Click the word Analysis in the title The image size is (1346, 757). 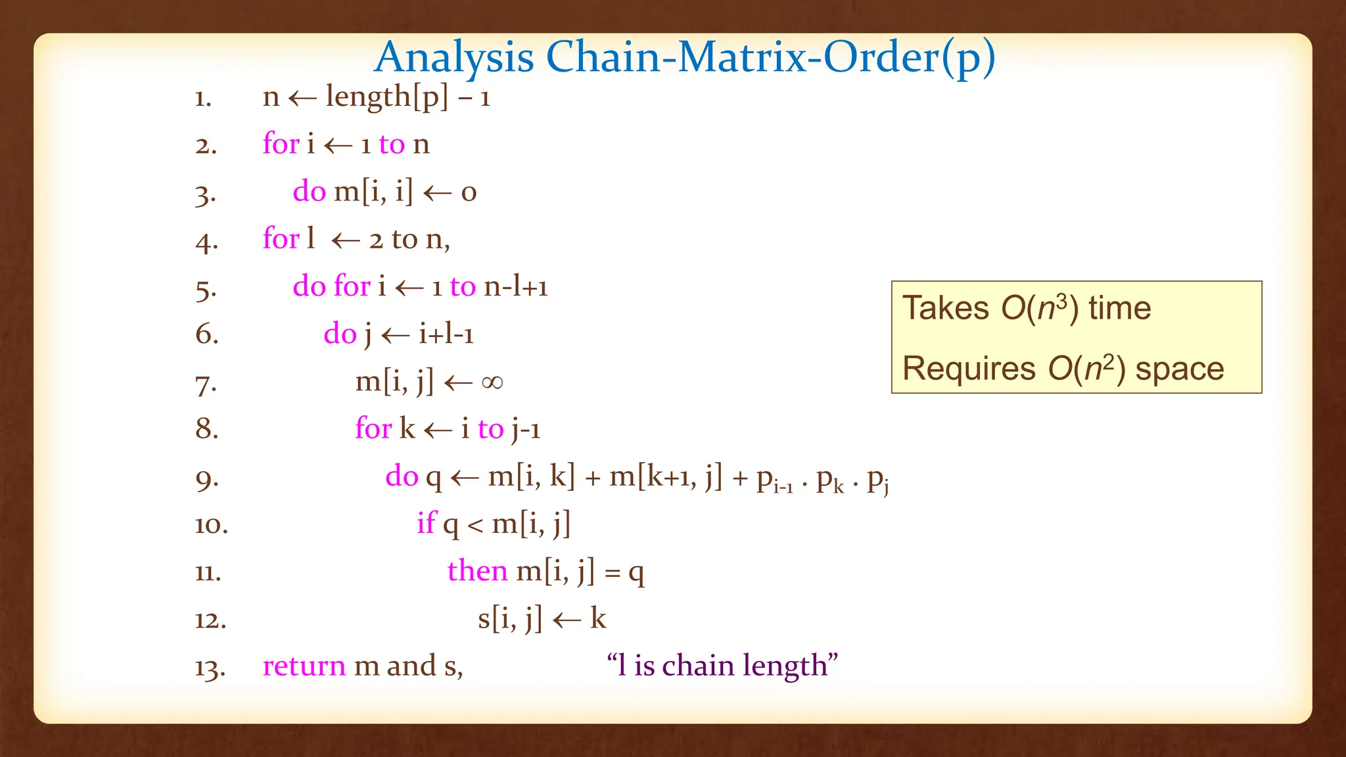pos(453,57)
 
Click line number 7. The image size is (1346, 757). pos(206,384)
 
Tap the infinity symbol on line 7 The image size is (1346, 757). pos(492,382)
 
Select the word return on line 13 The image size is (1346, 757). pos(304,666)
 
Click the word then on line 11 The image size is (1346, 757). pos(477,570)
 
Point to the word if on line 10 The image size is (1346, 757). pos(426,524)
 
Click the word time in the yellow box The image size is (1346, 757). pos(1119,308)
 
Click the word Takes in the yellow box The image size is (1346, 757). pos(945,308)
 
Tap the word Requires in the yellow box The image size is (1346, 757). pos(968,369)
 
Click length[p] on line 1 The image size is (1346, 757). pos(387,97)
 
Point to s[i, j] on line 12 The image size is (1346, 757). pos(509,619)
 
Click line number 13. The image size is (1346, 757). pos(210,668)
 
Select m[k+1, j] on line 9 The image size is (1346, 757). pos(665,476)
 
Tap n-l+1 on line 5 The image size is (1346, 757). pos(515,287)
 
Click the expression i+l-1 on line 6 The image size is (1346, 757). pos(446,334)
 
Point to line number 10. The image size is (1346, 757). pos(211,525)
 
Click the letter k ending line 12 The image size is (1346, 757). pos(597,619)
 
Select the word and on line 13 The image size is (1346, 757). pos(411,666)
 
